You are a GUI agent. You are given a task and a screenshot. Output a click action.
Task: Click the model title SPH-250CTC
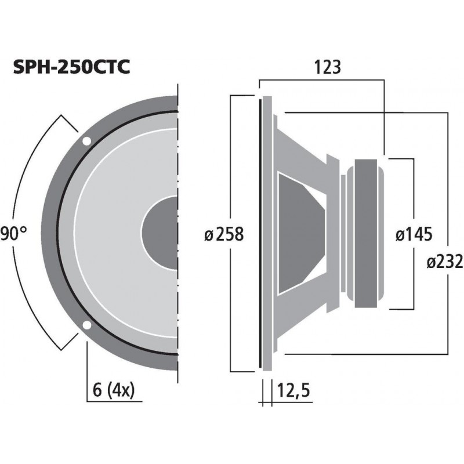tap(71, 67)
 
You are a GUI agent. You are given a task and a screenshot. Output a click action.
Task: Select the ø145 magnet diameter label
tap(414, 234)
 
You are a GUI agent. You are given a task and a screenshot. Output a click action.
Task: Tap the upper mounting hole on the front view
tap(86, 141)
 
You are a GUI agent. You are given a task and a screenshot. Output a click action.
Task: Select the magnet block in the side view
tap(365, 233)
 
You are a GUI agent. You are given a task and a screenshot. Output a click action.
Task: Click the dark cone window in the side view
tap(299, 233)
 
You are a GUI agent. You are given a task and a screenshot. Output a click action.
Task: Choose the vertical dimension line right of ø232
tap(448, 174)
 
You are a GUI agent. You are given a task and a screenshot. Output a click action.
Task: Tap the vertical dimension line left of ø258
tap(231, 174)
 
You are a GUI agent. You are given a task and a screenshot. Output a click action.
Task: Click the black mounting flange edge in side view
tap(259, 233)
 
